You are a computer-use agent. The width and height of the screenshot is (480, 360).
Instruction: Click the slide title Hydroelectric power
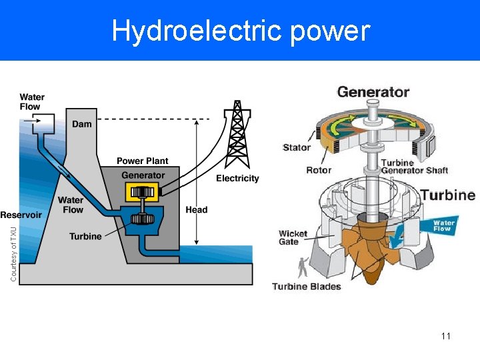[x=240, y=31]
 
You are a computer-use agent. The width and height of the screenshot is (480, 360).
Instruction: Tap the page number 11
[x=446, y=336]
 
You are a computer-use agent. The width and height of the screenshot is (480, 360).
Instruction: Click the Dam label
[x=82, y=124]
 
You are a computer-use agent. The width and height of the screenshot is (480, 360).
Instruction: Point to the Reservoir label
[x=21, y=215]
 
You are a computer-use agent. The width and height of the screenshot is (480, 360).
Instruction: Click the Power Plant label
[x=143, y=161]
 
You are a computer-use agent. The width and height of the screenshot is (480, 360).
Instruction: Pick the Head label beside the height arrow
[x=197, y=209]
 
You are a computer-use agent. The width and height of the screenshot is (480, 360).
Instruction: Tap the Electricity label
[x=237, y=178]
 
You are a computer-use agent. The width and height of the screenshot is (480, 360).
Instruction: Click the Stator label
[x=297, y=147]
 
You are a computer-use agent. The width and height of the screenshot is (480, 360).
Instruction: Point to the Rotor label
[x=319, y=170]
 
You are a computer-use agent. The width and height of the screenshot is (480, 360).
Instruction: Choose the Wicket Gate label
[x=293, y=237]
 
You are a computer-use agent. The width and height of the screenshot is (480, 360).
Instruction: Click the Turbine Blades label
[x=306, y=287]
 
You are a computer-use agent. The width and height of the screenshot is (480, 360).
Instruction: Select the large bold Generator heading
[x=373, y=92]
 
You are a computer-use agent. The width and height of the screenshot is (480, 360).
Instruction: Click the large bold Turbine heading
[x=447, y=195]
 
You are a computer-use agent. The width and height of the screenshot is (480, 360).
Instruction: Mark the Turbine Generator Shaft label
[x=414, y=167]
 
